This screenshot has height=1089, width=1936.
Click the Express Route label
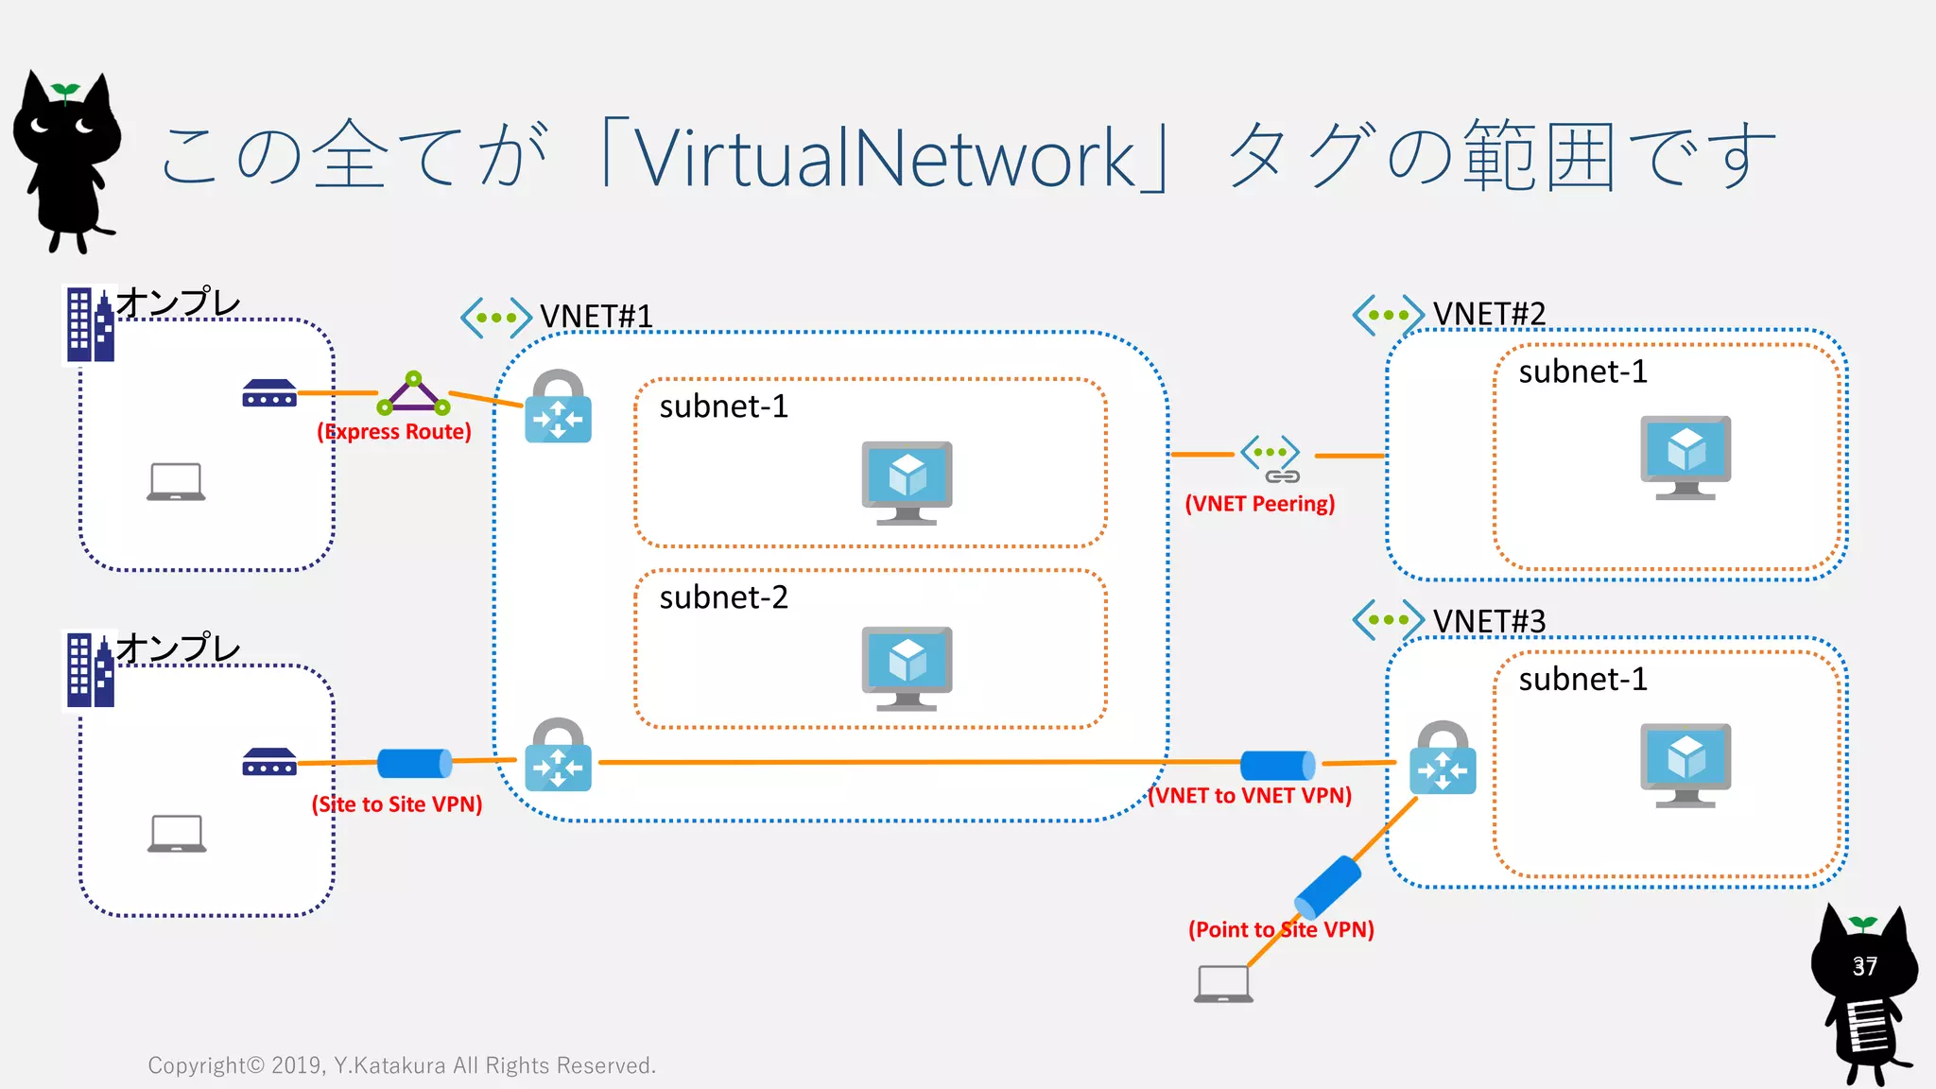point(394,432)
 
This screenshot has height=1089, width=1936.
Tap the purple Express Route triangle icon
point(413,394)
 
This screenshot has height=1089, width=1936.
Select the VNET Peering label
point(1259,504)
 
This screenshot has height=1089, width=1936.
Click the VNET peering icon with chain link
point(1271,459)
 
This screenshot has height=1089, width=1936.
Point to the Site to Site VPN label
point(397,804)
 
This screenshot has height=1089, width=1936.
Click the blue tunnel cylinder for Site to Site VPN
point(414,763)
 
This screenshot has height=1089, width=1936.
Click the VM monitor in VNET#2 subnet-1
point(1685,457)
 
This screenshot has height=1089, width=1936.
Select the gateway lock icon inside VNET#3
point(1442,758)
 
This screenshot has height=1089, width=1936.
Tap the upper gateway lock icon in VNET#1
point(558,407)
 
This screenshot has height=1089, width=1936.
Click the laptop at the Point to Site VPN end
point(1223,984)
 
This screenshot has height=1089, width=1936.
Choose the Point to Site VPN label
point(1281,930)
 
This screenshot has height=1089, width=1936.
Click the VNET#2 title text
point(1489,314)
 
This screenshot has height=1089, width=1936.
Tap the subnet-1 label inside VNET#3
point(1582,680)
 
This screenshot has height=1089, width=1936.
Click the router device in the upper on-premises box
point(269,393)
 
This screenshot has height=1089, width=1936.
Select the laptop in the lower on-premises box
point(177,834)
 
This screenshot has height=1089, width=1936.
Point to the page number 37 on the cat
point(1864,967)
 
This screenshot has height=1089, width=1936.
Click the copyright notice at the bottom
point(402,1066)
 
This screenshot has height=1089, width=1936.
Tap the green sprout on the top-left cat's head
point(65,91)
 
